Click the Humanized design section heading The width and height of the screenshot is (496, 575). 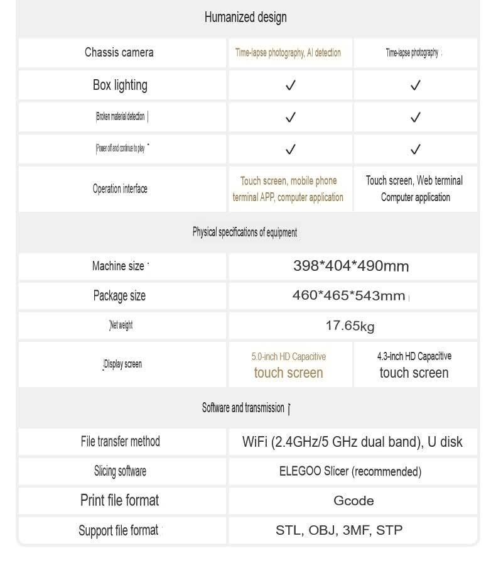point(245,18)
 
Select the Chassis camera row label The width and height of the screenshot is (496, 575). point(119,52)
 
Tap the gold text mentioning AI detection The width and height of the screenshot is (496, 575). point(288,53)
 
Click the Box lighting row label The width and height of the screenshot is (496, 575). point(120,85)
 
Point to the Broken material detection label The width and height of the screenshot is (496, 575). point(121,116)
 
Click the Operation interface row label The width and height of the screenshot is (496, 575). point(120,189)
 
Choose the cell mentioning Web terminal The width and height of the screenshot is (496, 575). point(414,189)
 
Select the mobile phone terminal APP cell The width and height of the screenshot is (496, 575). point(288,189)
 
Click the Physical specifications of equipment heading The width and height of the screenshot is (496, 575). point(245,233)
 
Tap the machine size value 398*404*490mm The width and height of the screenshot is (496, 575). point(351,266)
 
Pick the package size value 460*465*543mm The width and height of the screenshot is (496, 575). point(349,295)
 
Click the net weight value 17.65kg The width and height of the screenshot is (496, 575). point(350,326)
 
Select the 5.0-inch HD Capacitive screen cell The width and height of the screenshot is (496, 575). point(289,364)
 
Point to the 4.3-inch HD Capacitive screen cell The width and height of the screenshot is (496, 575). point(414,364)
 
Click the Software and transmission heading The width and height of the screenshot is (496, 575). point(244,408)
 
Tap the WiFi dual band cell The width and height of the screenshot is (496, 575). point(352,442)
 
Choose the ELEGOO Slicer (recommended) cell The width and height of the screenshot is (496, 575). point(350,471)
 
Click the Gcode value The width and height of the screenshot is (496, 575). point(353,501)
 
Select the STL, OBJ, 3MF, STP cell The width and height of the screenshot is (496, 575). point(339,530)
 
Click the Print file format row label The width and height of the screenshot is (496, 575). point(120,501)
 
